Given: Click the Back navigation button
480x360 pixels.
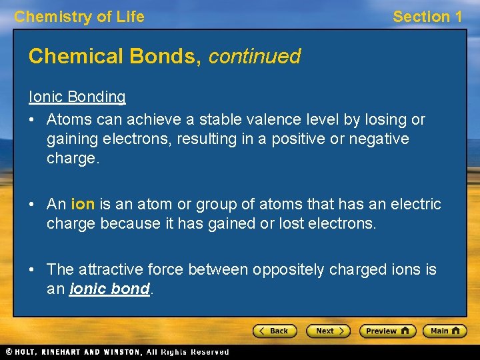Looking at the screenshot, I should (x=275, y=331).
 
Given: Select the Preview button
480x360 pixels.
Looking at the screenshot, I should (x=387, y=331).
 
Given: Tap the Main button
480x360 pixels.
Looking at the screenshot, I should (x=443, y=331).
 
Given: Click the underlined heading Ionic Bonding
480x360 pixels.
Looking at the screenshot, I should (x=77, y=97).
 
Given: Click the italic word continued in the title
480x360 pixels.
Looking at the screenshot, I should (x=255, y=56).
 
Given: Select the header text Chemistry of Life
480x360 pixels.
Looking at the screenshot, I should (x=79, y=17).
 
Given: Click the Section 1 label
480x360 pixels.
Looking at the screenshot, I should (x=427, y=17).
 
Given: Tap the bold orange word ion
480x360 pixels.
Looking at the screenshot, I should (x=83, y=204).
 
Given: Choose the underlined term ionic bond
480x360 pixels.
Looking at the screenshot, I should (x=109, y=290).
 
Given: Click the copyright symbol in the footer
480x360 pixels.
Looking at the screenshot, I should (x=9, y=351).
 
